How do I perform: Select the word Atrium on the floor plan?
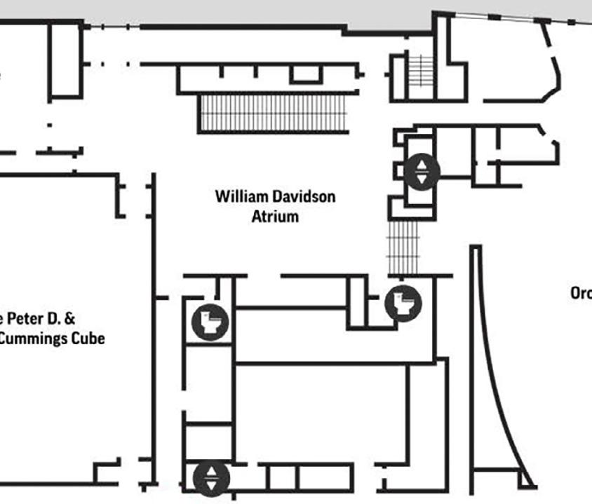275,216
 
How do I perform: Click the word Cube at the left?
88,339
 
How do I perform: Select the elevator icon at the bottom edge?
212,478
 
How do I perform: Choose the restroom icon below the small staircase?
403,303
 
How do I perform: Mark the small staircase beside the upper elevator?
403,247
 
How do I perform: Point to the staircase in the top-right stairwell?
422,70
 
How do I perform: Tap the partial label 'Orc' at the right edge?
581,294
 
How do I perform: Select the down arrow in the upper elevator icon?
422,179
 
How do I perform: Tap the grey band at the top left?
175,11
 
